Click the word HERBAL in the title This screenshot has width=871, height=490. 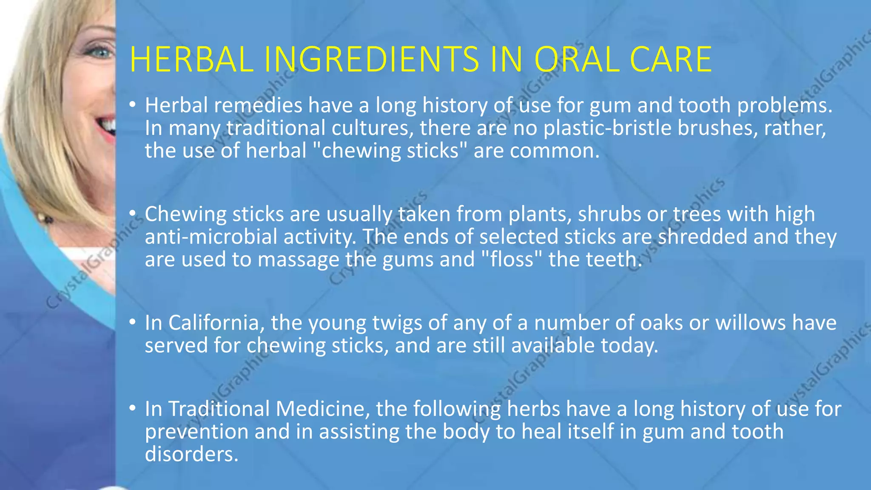tap(192, 60)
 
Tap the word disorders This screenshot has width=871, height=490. tap(191, 454)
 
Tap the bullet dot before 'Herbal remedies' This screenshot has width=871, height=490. tap(133, 104)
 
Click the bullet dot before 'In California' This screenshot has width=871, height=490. tap(133, 322)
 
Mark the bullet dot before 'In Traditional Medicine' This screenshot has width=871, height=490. tap(133, 408)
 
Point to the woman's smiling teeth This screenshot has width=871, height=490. tap(108, 126)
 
